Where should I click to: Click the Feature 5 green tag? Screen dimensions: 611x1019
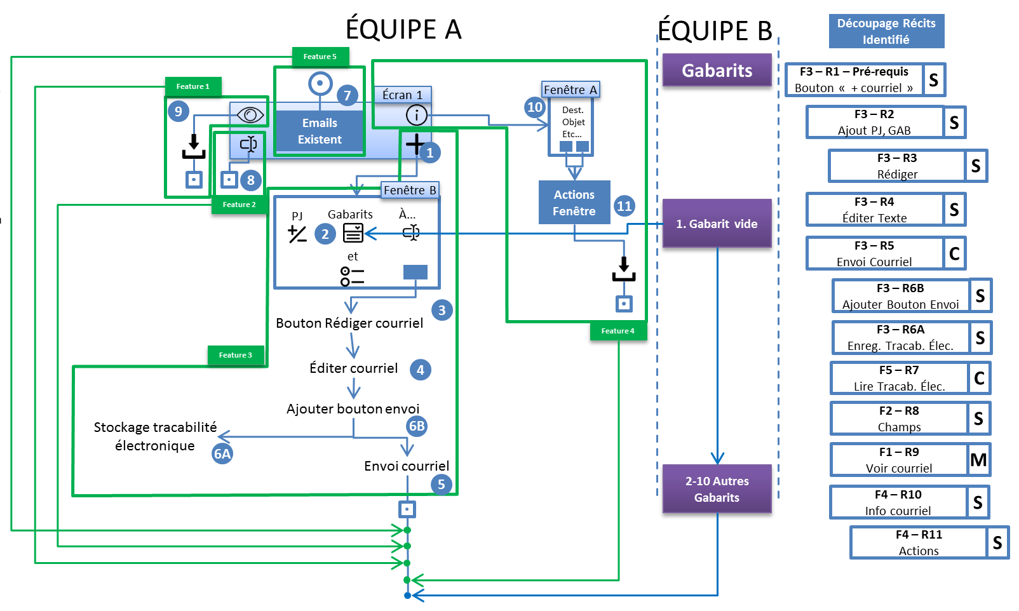click(x=320, y=57)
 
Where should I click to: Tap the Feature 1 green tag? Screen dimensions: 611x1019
click(x=193, y=86)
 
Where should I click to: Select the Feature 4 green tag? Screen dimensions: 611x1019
click(x=618, y=331)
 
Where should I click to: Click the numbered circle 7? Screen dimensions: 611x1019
click(x=347, y=96)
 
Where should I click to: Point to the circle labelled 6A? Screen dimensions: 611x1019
click(x=222, y=453)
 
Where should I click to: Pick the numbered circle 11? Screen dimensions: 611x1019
click(x=624, y=206)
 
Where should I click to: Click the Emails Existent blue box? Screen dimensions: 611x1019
click(x=320, y=131)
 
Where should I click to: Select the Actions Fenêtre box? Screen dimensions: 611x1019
click(x=574, y=203)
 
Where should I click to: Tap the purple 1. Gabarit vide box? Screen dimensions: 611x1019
click(x=717, y=224)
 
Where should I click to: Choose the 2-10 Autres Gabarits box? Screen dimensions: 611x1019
click(x=717, y=489)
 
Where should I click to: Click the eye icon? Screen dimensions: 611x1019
click(x=250, y=115)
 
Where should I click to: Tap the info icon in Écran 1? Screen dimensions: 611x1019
click(x=416, y=115)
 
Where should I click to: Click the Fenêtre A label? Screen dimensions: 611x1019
click(x=570, y=90)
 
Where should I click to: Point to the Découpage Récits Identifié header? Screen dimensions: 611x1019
click(x=886, y=31)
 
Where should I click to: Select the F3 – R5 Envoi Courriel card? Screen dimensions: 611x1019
click(x=874, y=253)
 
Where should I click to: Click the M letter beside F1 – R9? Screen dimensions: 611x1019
click(x=978, y=460)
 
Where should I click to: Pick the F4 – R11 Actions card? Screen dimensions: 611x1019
click(x=919, y=543)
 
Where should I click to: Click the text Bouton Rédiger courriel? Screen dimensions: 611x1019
click(x=349, y=323)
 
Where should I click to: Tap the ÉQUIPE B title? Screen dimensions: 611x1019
click(x=715, y=30)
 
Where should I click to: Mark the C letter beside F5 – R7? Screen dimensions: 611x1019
click(x=979, y=379)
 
